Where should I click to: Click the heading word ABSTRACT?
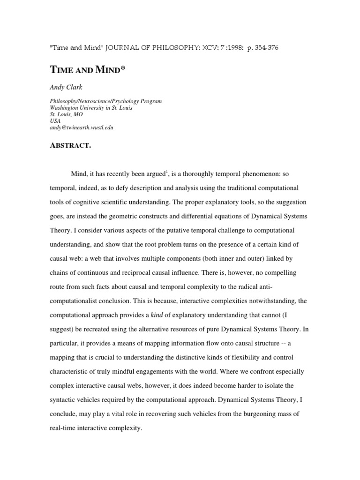[x=70, y=146]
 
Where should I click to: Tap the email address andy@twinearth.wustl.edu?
[x=82, y=127]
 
